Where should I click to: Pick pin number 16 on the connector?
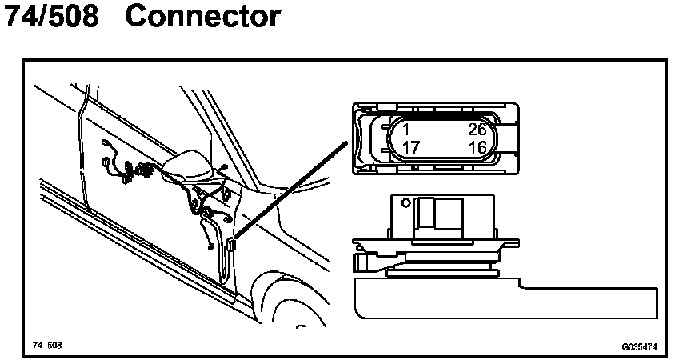tap(477, 147)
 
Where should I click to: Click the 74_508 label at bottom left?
tap(47, 346)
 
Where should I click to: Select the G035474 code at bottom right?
tap(639, 347)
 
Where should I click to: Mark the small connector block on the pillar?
tap(230, 245)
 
